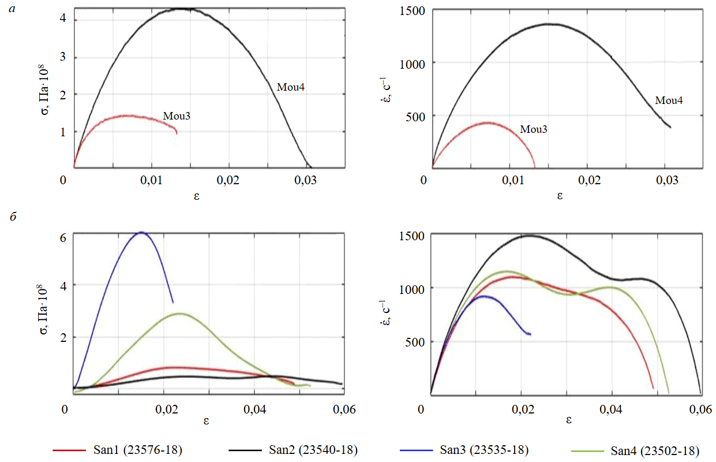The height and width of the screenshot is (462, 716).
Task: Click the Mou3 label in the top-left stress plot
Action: click(x=177, y=115)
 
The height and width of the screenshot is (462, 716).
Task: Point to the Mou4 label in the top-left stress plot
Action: click(x=291, y=87)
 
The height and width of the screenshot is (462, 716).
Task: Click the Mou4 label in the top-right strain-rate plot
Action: click(x=669, y=100)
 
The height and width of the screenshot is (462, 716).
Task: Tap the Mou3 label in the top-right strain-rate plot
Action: click(x=534, y=129)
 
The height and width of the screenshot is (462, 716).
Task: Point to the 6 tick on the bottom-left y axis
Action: click(x=62, y=237)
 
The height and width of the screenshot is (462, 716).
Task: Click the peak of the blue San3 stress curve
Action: click(x=141, y=232)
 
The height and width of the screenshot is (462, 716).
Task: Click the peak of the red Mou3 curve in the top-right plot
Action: click(x=488, y=122)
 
